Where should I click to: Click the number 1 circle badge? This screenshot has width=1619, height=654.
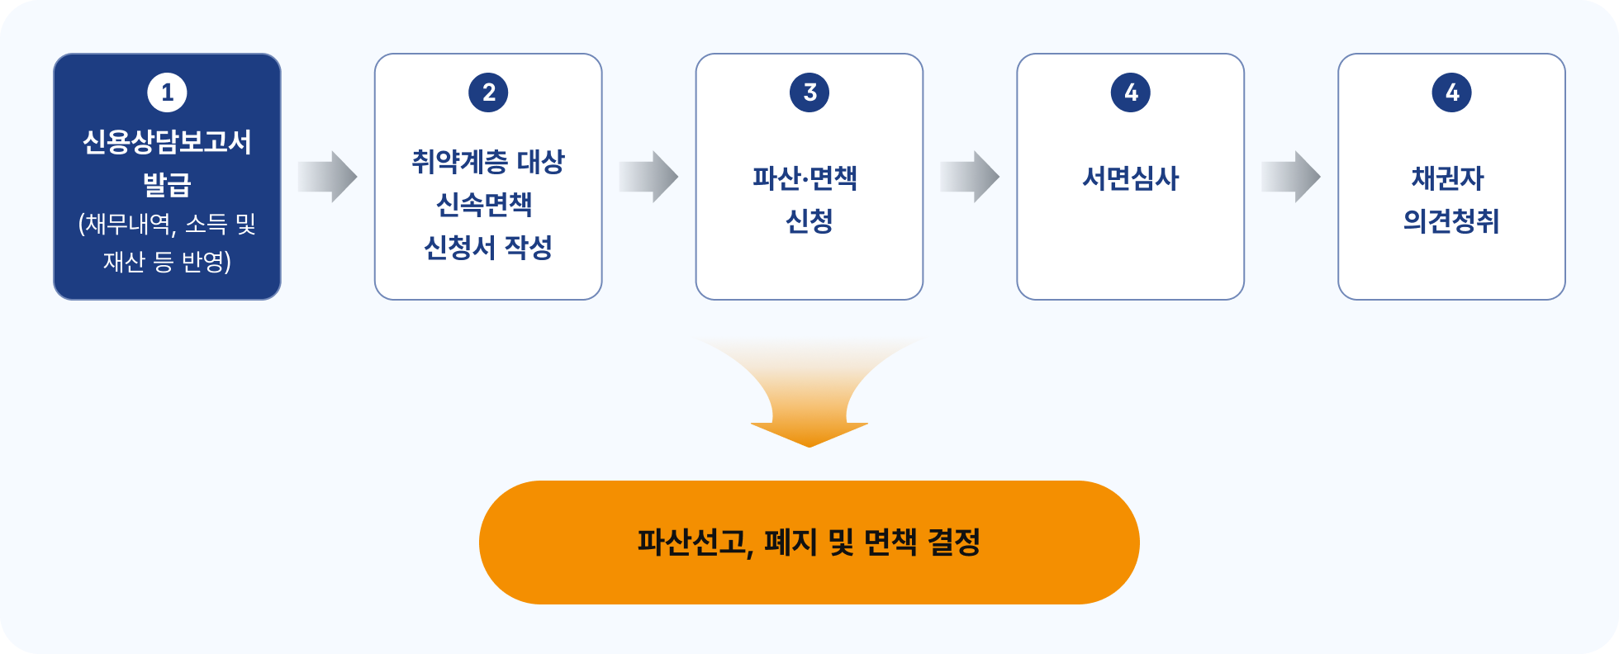167,92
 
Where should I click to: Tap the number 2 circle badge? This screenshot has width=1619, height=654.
488,92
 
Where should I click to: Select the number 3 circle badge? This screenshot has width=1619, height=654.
809,92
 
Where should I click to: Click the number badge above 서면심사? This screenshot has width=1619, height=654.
1130,92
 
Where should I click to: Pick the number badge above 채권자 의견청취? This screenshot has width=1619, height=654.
1451,92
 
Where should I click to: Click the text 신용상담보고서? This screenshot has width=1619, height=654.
167,142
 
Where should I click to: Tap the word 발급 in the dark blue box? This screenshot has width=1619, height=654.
167,183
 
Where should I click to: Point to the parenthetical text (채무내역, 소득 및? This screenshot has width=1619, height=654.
167,224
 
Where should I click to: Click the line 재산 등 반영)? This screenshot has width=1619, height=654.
167,262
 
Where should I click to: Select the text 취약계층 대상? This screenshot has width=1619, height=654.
488,162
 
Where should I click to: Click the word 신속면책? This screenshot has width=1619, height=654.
484,204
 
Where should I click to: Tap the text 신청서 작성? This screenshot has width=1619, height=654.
488,247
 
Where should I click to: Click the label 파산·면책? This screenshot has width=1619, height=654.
805,178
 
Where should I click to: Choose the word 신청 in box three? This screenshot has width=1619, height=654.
809,220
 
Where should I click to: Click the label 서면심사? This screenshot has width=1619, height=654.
1130,178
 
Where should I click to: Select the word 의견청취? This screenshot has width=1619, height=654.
1450,220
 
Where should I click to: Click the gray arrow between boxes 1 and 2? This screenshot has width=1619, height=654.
327,177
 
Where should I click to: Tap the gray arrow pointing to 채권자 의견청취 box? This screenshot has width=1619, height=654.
1290,177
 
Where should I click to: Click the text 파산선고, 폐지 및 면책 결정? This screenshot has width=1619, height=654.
809,543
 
